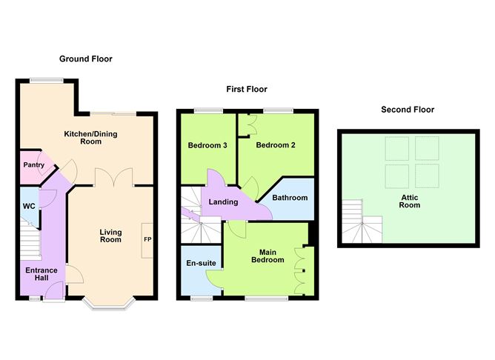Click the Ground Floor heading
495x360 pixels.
pyautogui.click(x=85, y=59)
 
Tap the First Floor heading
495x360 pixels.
pyautogui.click(x=247, y=89)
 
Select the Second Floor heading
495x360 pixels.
pyautogui.click(x=407, y=110)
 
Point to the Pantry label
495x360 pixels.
pyautogui.click(x=34, y=165)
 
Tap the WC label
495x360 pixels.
pyautogui.click(x=29, y=206)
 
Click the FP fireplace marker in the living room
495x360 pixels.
pyautogui.click(x=147, y=239)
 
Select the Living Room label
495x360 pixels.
pyautogui.click(x=110, y=236)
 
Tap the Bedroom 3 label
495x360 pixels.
pyautogui.click(x=207, y=145)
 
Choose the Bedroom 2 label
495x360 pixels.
pyautogui.click(x=276, y=145)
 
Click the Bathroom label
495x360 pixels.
pyautogui.click(x=290, y=198)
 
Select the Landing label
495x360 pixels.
pyautogui.click(x=223, y=201)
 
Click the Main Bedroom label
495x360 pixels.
pyautogui.click(x=268, y=256)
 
